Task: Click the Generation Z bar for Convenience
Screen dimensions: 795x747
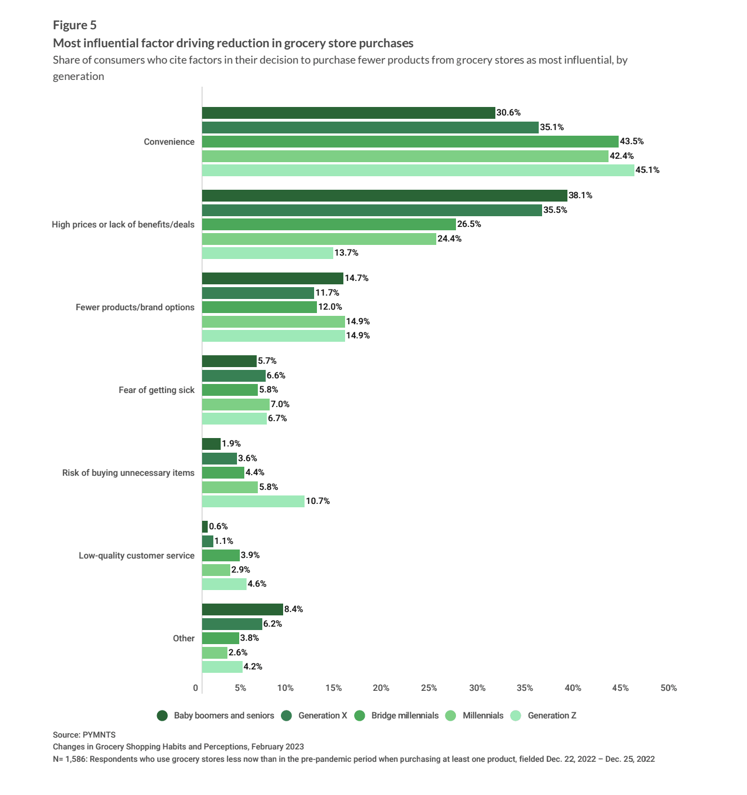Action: tap(418, 170)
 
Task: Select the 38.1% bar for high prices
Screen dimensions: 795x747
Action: tap(384, 195)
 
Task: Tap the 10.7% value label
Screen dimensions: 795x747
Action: tap(317, 501)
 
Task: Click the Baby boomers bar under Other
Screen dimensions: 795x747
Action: tap(243, 609)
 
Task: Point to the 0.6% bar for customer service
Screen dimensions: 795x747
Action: tap(205, 526)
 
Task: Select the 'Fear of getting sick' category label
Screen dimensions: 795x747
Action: tap(156, 390)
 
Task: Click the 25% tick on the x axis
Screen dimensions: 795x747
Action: tap(429, 687)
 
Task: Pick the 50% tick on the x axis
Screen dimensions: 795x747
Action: tap(669, 687)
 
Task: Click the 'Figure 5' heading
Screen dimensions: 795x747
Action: tap(75, 25)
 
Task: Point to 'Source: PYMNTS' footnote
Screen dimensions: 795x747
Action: tap(84, 735)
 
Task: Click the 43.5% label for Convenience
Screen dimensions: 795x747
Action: tap(632, 141)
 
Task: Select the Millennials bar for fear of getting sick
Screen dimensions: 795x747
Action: tap(236, 404)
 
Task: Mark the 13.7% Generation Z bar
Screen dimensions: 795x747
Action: tap(267, 253)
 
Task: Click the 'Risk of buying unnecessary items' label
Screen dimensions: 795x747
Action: tap(128, 472)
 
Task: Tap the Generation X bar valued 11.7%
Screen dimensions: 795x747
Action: tap(258, 293)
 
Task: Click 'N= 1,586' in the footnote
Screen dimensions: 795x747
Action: tap(69, 759)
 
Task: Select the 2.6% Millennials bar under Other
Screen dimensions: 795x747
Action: tap(214, 653)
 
